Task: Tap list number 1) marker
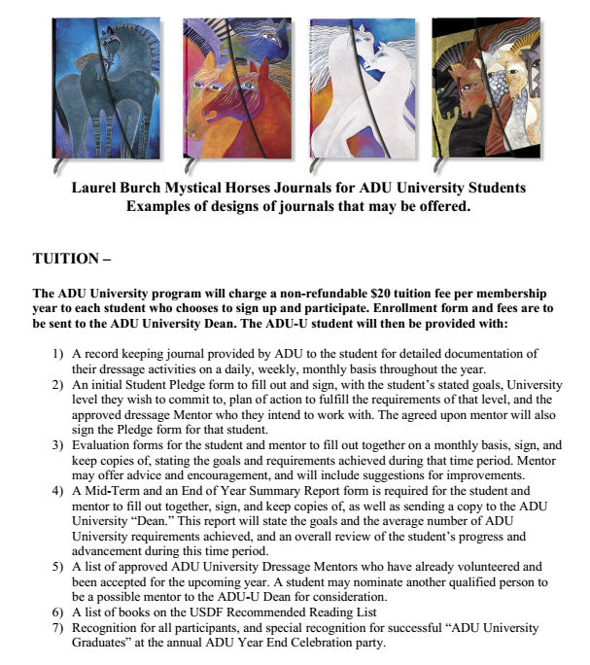(58, 355)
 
